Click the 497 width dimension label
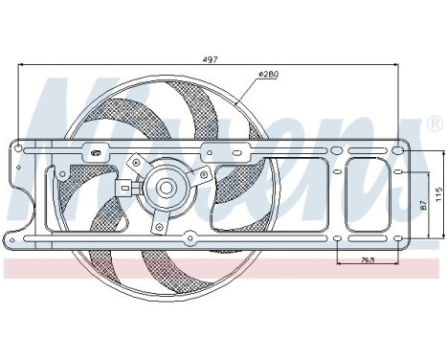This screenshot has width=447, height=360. [x=211, y=59]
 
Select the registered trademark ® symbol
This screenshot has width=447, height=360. [x=436, y=123]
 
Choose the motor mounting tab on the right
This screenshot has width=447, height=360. [x=202, y=175]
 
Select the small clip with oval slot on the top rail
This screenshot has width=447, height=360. [x=96, y=150]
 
